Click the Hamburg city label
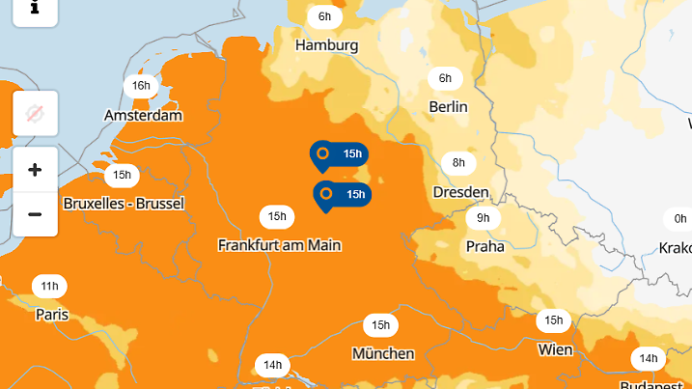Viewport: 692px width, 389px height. (327, 45)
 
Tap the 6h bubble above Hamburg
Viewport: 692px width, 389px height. (325, 16)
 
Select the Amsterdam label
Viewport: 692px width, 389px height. (143, 115)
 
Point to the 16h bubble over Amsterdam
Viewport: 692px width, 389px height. (142, 86)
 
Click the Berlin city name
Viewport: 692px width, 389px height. (449, 106)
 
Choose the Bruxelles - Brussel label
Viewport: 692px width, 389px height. (124, 204)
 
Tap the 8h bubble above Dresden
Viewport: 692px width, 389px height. (458, 162)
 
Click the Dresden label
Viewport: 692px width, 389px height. (460, 192)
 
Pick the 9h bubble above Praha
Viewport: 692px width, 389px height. (484, 218)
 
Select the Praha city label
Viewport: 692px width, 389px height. (484, 246)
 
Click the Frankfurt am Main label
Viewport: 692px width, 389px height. (280, 245)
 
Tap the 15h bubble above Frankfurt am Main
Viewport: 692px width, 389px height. (277, 216)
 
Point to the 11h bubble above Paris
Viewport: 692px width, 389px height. (49, 287)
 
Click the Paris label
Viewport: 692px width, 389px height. (52, 314)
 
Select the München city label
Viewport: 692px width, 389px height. (383, 353)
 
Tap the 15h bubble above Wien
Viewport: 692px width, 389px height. (553, 320)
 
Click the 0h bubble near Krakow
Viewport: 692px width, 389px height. (680, 219)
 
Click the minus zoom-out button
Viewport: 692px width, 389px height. (35, 213)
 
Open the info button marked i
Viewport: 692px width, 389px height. (35, 8)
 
